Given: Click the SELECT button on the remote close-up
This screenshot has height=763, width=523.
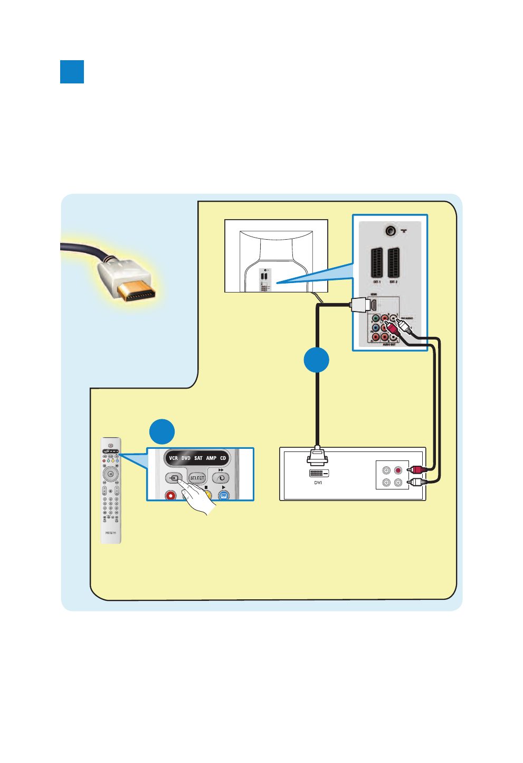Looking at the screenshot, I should pos(197,478).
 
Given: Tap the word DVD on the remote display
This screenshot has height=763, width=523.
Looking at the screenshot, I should pos(186,458).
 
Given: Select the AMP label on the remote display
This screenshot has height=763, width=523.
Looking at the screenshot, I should pos(211,458).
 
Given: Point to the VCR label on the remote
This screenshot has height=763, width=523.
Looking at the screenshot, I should pos(173,458).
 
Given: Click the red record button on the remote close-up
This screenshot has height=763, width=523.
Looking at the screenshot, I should pos(170,495).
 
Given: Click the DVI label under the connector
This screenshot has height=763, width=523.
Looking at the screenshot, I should pos(318,483).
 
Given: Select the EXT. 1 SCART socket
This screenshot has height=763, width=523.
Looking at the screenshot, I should pos(376,263).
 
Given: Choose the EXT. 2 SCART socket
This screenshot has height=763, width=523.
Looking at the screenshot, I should pos(393,263).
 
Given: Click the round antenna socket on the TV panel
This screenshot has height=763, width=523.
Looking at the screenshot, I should pos(391,231).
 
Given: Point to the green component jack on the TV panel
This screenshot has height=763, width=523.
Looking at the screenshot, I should pos(375,318).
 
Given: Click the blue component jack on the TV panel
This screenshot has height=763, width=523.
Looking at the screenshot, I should pos(375,327).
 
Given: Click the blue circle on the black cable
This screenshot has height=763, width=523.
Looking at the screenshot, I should pos(317,360).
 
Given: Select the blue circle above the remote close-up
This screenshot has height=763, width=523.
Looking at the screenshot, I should pos(162,432).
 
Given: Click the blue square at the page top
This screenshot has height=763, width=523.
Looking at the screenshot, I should pos(72,72).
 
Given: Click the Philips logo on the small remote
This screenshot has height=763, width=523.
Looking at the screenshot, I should pos(110,533).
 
